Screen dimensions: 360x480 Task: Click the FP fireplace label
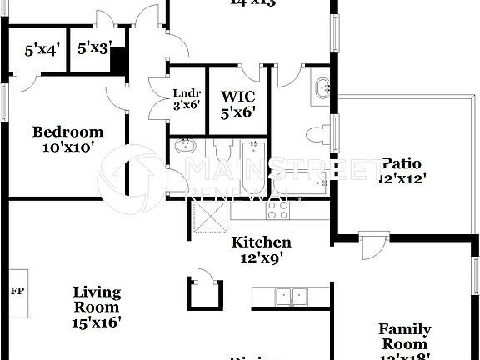click(17, 292)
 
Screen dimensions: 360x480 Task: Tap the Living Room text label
click(97, 306)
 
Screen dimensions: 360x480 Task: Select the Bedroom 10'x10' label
click(67, 138)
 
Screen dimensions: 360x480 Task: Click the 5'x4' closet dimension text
click(42, 50)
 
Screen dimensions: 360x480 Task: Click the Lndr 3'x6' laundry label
click(187, 99)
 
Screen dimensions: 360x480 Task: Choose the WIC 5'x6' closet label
click(237, 102)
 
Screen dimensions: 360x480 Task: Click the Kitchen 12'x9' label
click(261, 250)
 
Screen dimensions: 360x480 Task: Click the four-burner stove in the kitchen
click(278, 210)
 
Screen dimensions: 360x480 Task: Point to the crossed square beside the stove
click(209, 216)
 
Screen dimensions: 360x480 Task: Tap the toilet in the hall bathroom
click(222, 152)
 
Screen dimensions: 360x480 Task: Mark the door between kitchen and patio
click(373, 247)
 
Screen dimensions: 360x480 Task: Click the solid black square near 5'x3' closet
click(118, 61)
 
